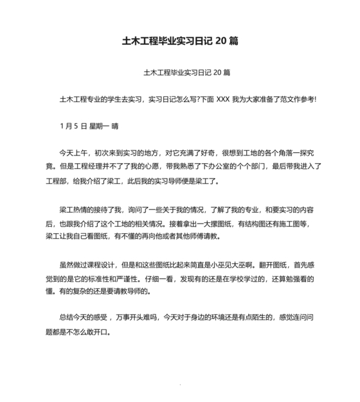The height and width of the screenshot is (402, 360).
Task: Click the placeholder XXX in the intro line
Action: click(223, 99)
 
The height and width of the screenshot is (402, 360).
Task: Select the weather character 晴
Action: click(115, 126)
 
